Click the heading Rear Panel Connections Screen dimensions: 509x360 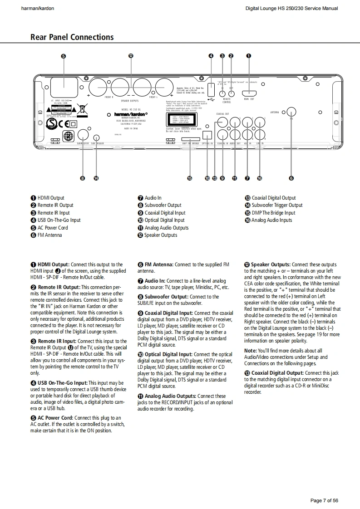click(x=72, y=37)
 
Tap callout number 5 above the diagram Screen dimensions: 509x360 click(x=63, y=56)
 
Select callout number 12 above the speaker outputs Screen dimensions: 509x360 click(x=131, y=56)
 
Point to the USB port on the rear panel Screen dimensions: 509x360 click(x=211, y=88)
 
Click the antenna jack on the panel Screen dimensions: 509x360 click(x=291, y=113)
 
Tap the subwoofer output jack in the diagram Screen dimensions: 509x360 click(x=83, y=134)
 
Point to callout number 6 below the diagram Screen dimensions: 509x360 click(x=291, y=178)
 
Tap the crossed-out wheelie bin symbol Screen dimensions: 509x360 click(x=82, y=108)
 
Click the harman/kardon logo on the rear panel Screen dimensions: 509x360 click(x=130, y=114)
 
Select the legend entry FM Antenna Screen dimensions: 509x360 click(x=49, y=235)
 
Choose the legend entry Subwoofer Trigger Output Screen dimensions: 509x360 click(x=277, y=205)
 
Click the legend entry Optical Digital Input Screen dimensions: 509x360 click(x=165, y=220)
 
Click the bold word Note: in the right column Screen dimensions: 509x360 click(x=251, y=351)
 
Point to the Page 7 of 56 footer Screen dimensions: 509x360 click(x=324, y=501)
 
